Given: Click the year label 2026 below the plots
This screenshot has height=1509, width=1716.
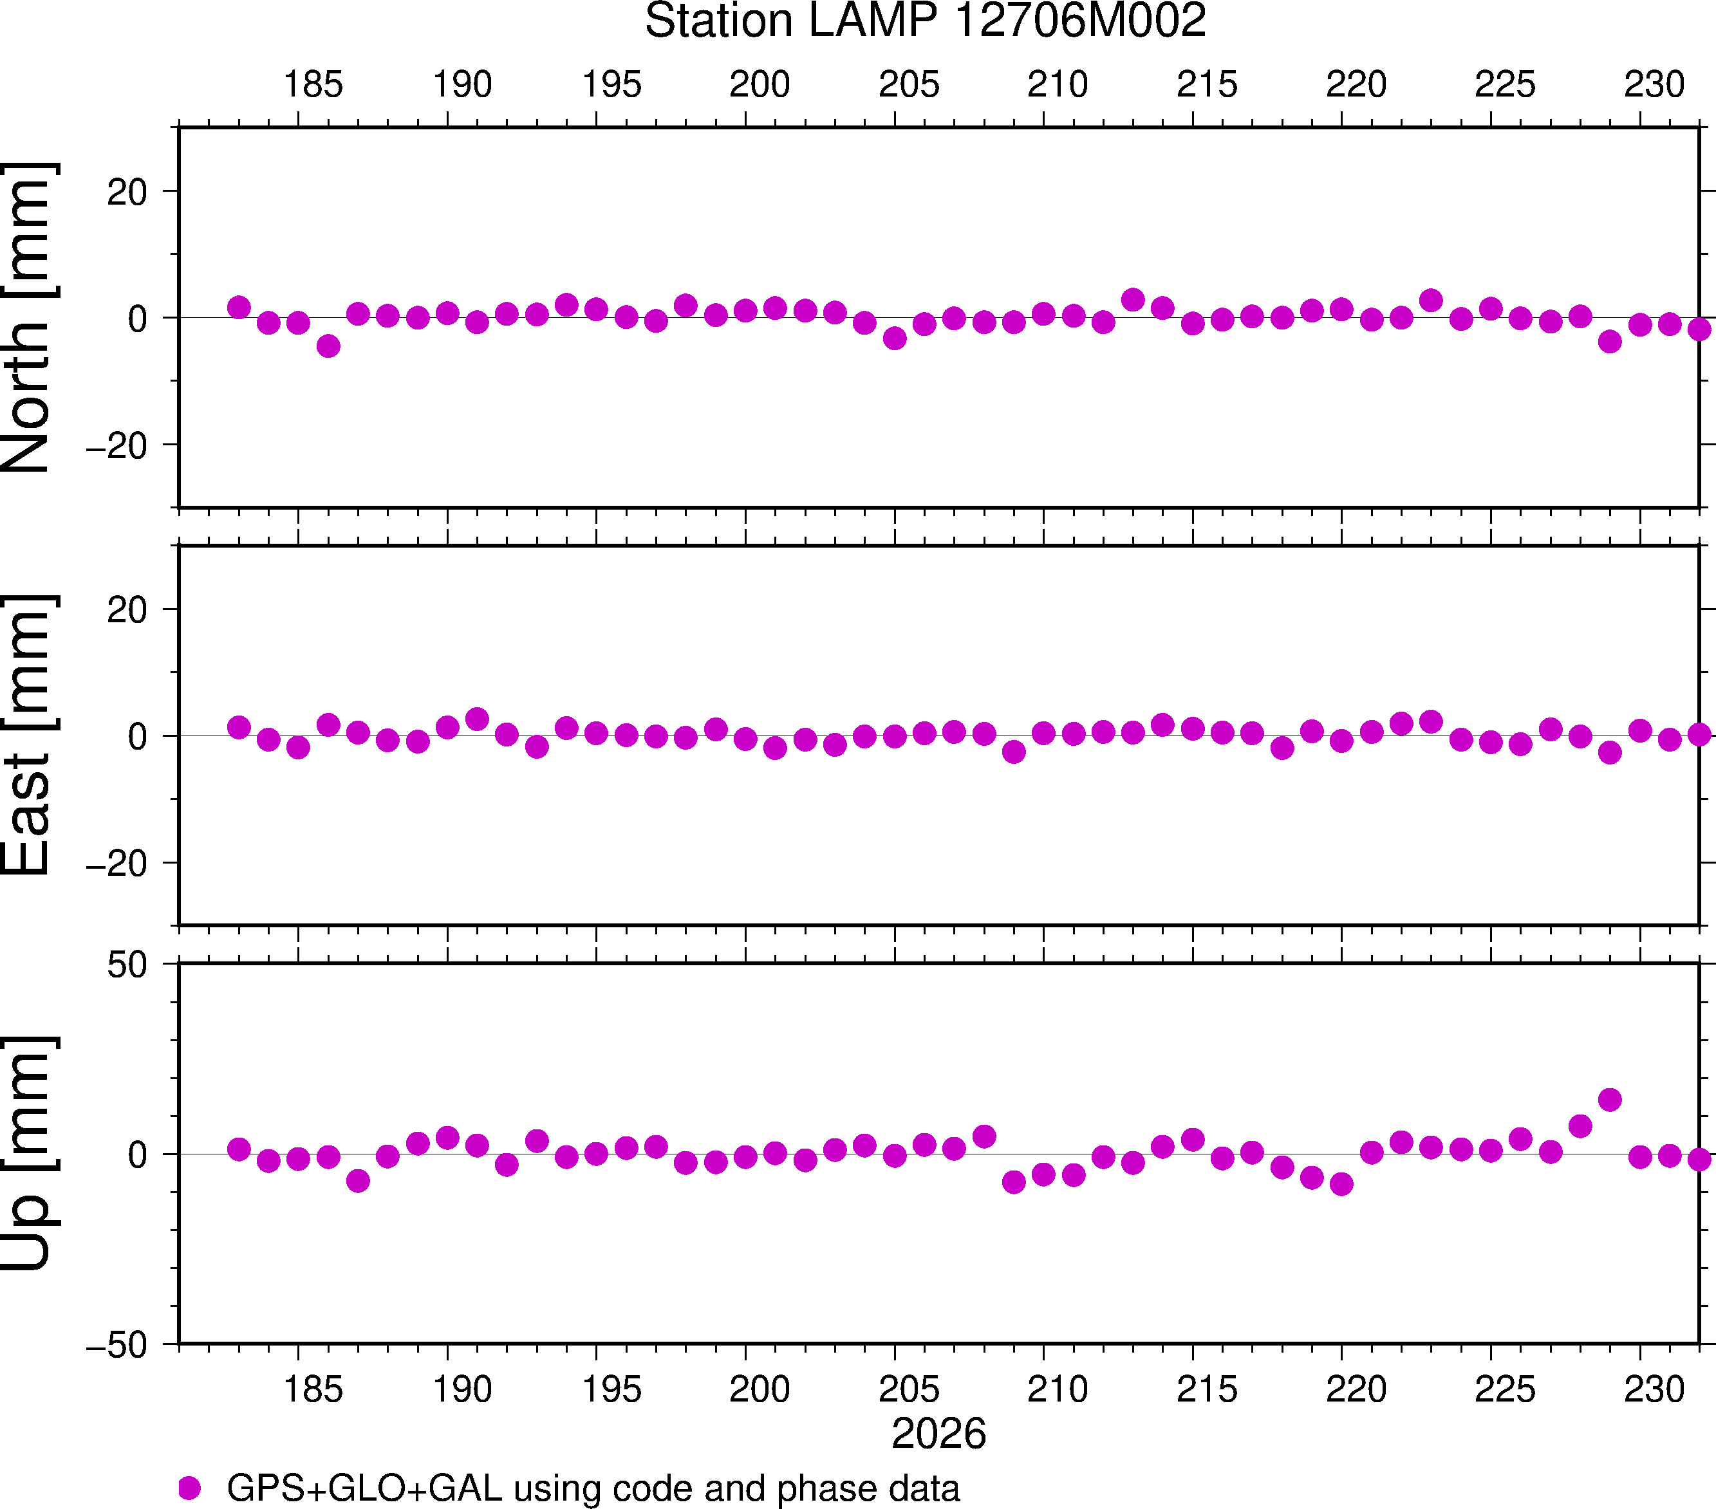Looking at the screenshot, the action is [x=938, y=1434].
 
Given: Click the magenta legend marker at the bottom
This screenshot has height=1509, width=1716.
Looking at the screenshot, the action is [x=190, y=1488].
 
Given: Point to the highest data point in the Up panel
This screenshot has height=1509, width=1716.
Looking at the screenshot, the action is [x=1609, y=1100].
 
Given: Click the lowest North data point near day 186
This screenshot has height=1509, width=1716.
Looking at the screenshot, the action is [x=328, y=346].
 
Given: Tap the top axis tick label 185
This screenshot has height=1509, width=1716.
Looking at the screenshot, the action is [x=313, y=85].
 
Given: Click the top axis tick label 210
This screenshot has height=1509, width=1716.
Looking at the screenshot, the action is [x=1058, y=85].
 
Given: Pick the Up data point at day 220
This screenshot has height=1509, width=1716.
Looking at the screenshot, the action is [x=1341, y=1184].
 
